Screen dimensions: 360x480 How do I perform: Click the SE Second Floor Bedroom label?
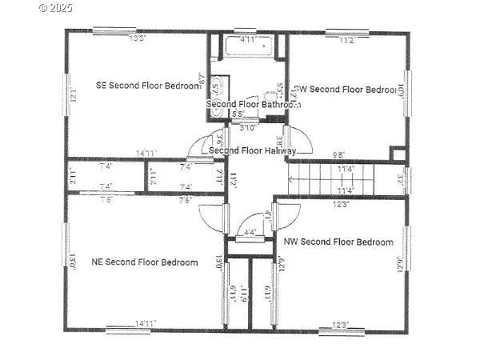click(147, 86)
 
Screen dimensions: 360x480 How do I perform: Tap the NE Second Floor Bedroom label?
click(145, 262)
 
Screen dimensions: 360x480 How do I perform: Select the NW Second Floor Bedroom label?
click(338, 242)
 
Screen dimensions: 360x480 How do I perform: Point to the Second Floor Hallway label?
click(252, 150)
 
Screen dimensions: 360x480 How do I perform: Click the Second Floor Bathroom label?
click(253, 105)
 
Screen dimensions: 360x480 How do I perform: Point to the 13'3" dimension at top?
click(138, 38)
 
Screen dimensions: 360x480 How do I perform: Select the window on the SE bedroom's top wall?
click(113, 31)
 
